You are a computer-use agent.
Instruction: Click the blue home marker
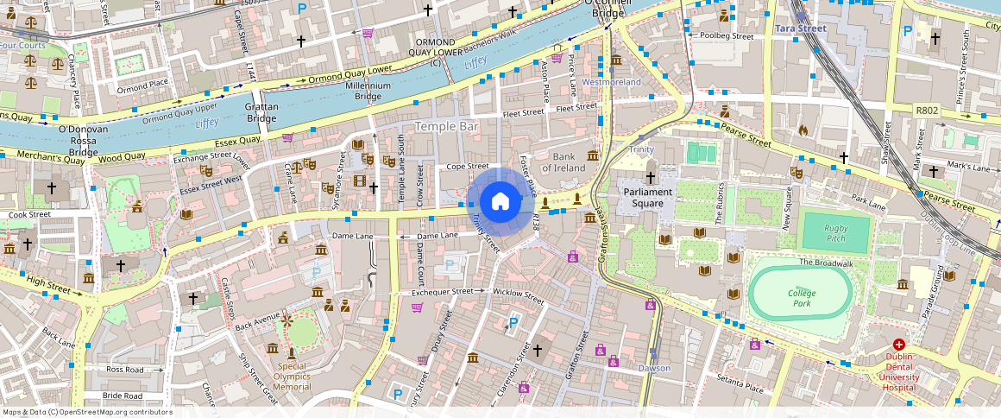click(x=500, y=202)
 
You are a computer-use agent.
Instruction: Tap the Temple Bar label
click(x=446, y=126)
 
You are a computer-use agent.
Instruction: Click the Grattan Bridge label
click(x=261, y=112)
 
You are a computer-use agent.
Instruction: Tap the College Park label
click(x=801, y=298)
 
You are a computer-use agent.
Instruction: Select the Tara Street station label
click(x=800, y=28)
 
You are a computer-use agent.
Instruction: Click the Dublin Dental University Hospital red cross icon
click(x=899, y=344)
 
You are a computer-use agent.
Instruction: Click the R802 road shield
click(x=927, y=111)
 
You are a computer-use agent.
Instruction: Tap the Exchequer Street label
click(x=442, y=292)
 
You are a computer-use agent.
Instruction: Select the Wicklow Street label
click(x=518, y=296)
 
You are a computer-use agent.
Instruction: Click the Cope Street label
click(x=467, y=166)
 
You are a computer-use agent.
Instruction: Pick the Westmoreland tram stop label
click(x=611, y=82)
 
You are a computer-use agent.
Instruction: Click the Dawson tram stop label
click(x=653, y=368)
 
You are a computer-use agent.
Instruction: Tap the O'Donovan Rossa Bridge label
click(x=83, y=141)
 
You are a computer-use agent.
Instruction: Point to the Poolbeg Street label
click(x=727, y=36)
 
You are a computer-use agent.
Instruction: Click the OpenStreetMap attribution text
click(x=87, y=412)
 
